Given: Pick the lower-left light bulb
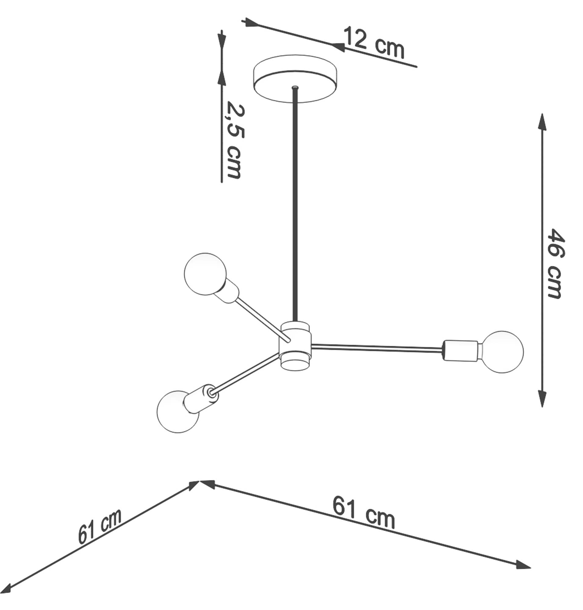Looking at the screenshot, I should (178, 411).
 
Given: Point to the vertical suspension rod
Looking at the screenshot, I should (295, 202).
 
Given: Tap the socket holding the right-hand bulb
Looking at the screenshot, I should (461, 350).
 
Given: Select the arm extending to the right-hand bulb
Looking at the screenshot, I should (376, 348).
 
